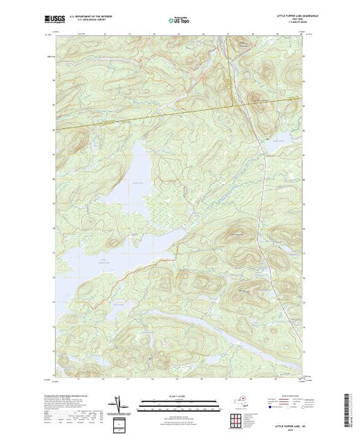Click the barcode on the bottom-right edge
(348, 407)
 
